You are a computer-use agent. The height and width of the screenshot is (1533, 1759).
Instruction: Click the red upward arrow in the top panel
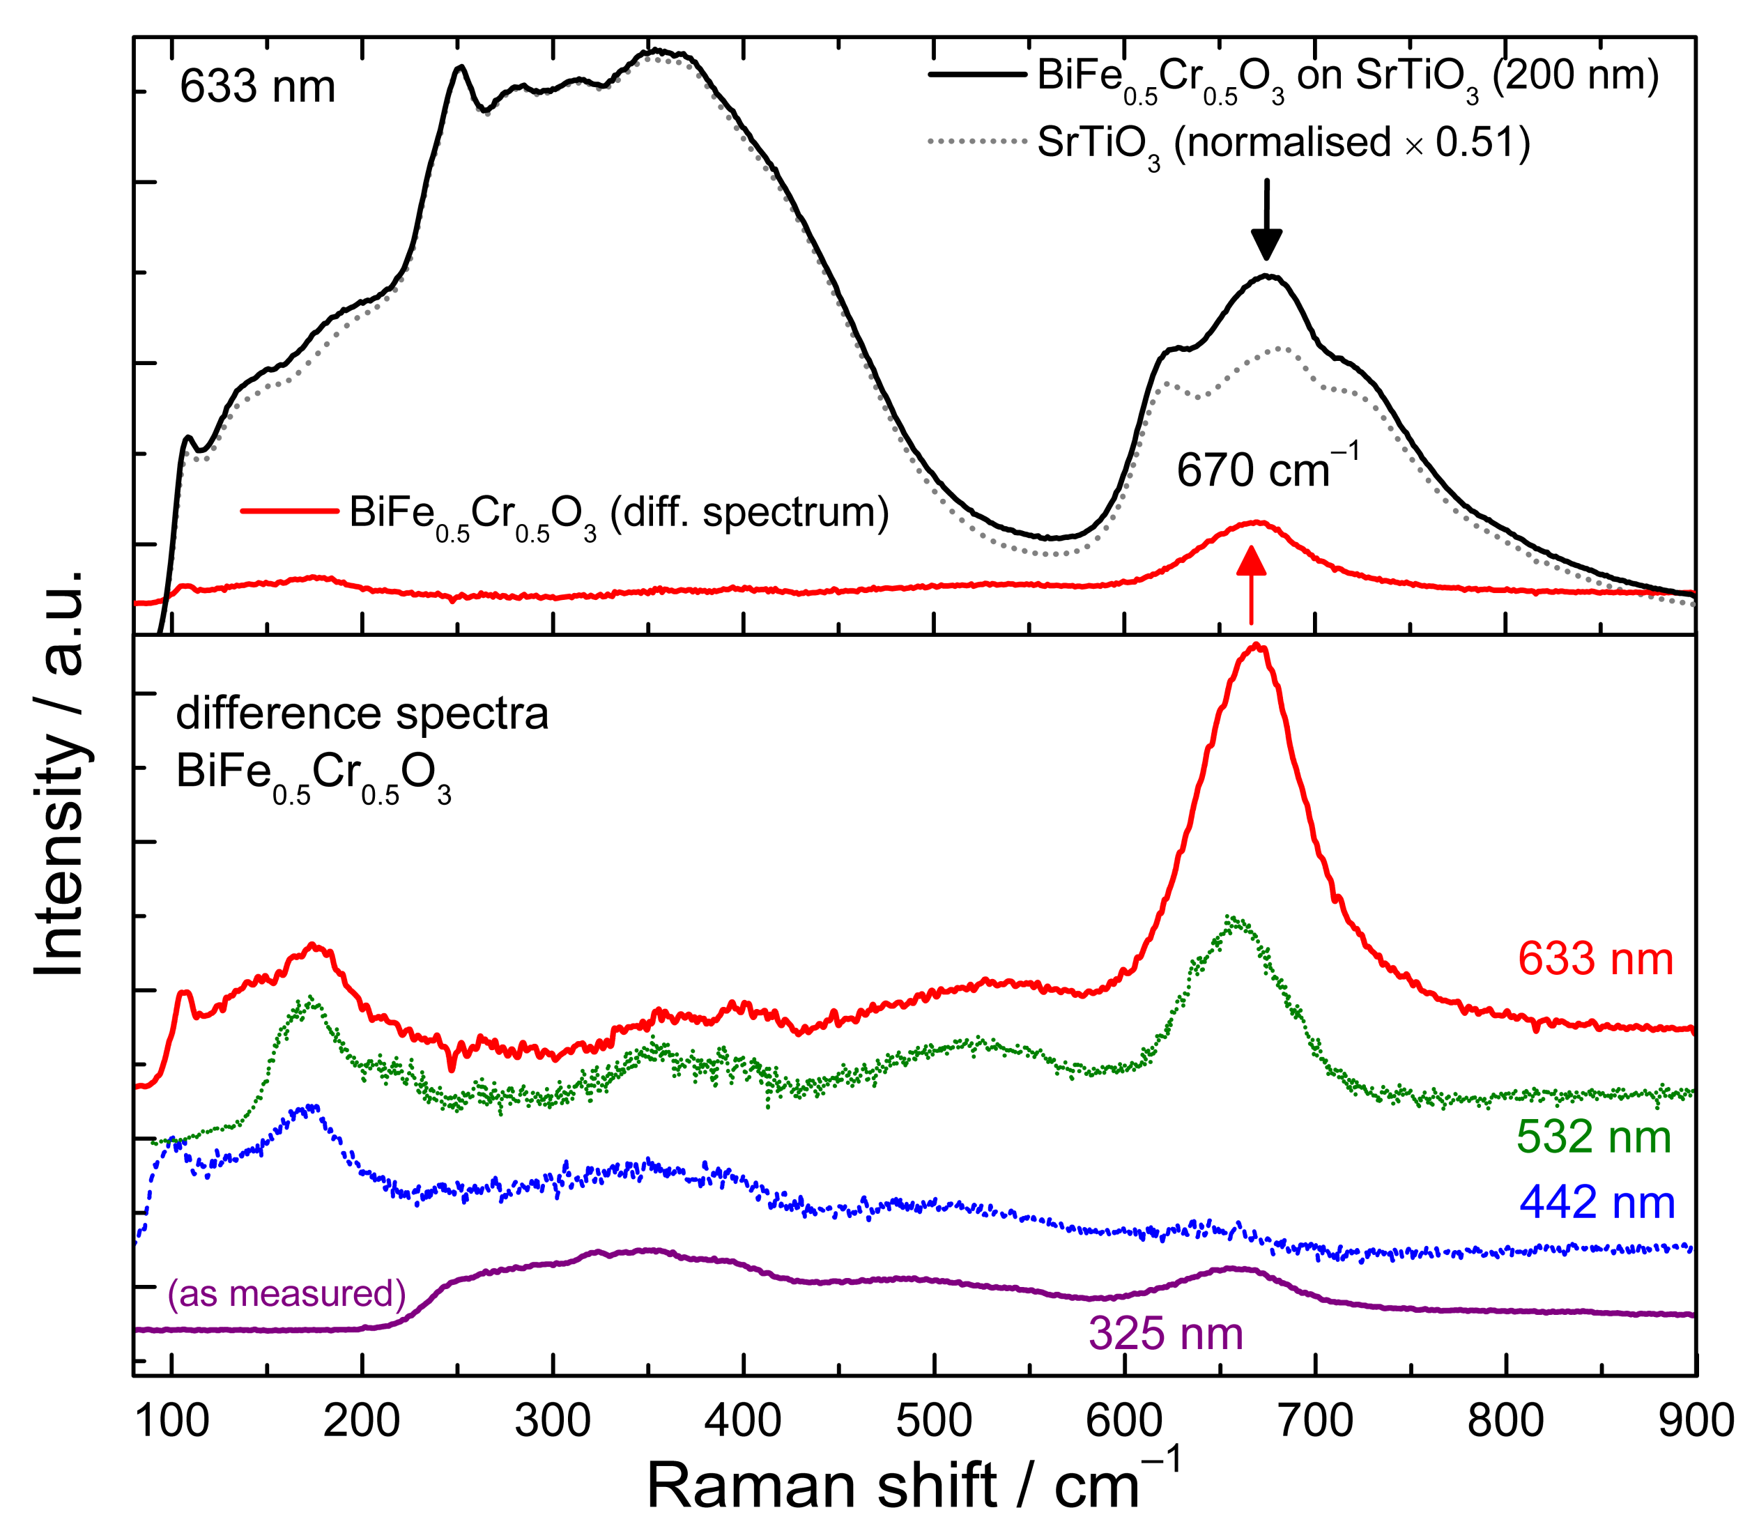(x=1251, y=585)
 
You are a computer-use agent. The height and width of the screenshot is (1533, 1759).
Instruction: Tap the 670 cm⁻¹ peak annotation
(x=1266, y=470)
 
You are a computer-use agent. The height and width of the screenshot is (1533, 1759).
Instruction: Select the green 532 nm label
(x=1594, y=1137)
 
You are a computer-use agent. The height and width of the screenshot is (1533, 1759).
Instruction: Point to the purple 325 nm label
(x=1165, y=1333)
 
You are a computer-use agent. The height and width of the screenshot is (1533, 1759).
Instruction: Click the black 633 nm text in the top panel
(x=256, y=87)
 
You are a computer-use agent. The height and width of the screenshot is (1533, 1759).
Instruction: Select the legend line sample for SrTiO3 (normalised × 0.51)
(x=977, y=141)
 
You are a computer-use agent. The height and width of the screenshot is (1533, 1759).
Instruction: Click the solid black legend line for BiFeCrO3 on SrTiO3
(x=977, y=75)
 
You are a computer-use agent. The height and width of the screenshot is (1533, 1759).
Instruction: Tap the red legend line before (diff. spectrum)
(x=289, y=511)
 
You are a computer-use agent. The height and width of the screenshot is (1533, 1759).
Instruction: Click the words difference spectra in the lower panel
(x=362, y=714)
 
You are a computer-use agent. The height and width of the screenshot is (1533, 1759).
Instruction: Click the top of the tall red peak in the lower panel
(x=1257, y=647)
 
